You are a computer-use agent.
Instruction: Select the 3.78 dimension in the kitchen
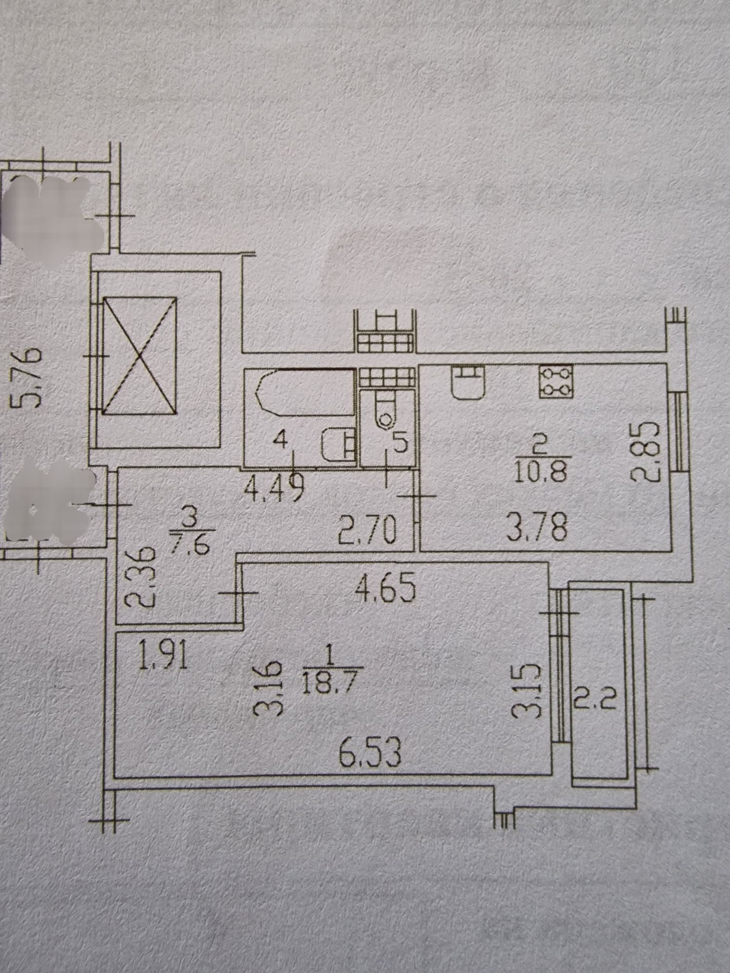[537, 528]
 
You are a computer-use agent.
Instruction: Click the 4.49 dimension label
[274, 486]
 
